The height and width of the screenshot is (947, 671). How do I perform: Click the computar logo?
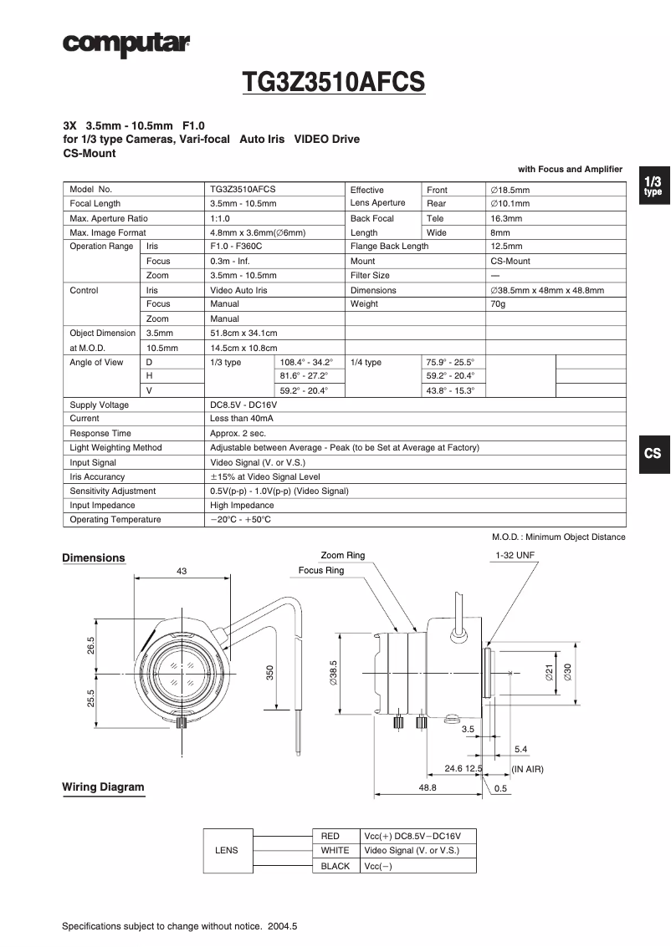(125, 43)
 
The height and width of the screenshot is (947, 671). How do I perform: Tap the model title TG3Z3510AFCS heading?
(334, 83)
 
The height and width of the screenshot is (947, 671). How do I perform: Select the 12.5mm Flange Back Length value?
(506, 247)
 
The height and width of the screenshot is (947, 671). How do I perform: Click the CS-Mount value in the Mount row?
(510, 261)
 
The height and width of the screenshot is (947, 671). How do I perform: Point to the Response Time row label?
(100, 434)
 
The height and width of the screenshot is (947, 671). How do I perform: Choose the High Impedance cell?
(242, 506)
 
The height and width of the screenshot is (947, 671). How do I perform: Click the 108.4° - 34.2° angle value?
(306, 362)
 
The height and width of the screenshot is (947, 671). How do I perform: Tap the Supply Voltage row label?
(100, 405)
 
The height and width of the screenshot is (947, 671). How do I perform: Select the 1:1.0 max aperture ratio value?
(220, 218)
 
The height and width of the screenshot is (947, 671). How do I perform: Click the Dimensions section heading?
(94, 558)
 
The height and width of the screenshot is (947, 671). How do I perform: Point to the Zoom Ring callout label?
(343, 556)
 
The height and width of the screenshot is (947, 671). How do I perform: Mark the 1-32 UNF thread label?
(515, 556)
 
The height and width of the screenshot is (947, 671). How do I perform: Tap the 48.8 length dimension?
(428, 788)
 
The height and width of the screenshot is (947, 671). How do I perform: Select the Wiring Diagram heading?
(103, 787)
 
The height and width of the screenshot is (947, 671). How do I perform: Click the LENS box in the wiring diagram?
(227, 851)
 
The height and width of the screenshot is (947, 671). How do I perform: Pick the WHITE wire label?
(335, 851)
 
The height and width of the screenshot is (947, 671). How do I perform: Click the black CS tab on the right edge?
(653, 454)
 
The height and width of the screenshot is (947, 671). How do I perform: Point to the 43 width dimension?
(182, 571)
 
